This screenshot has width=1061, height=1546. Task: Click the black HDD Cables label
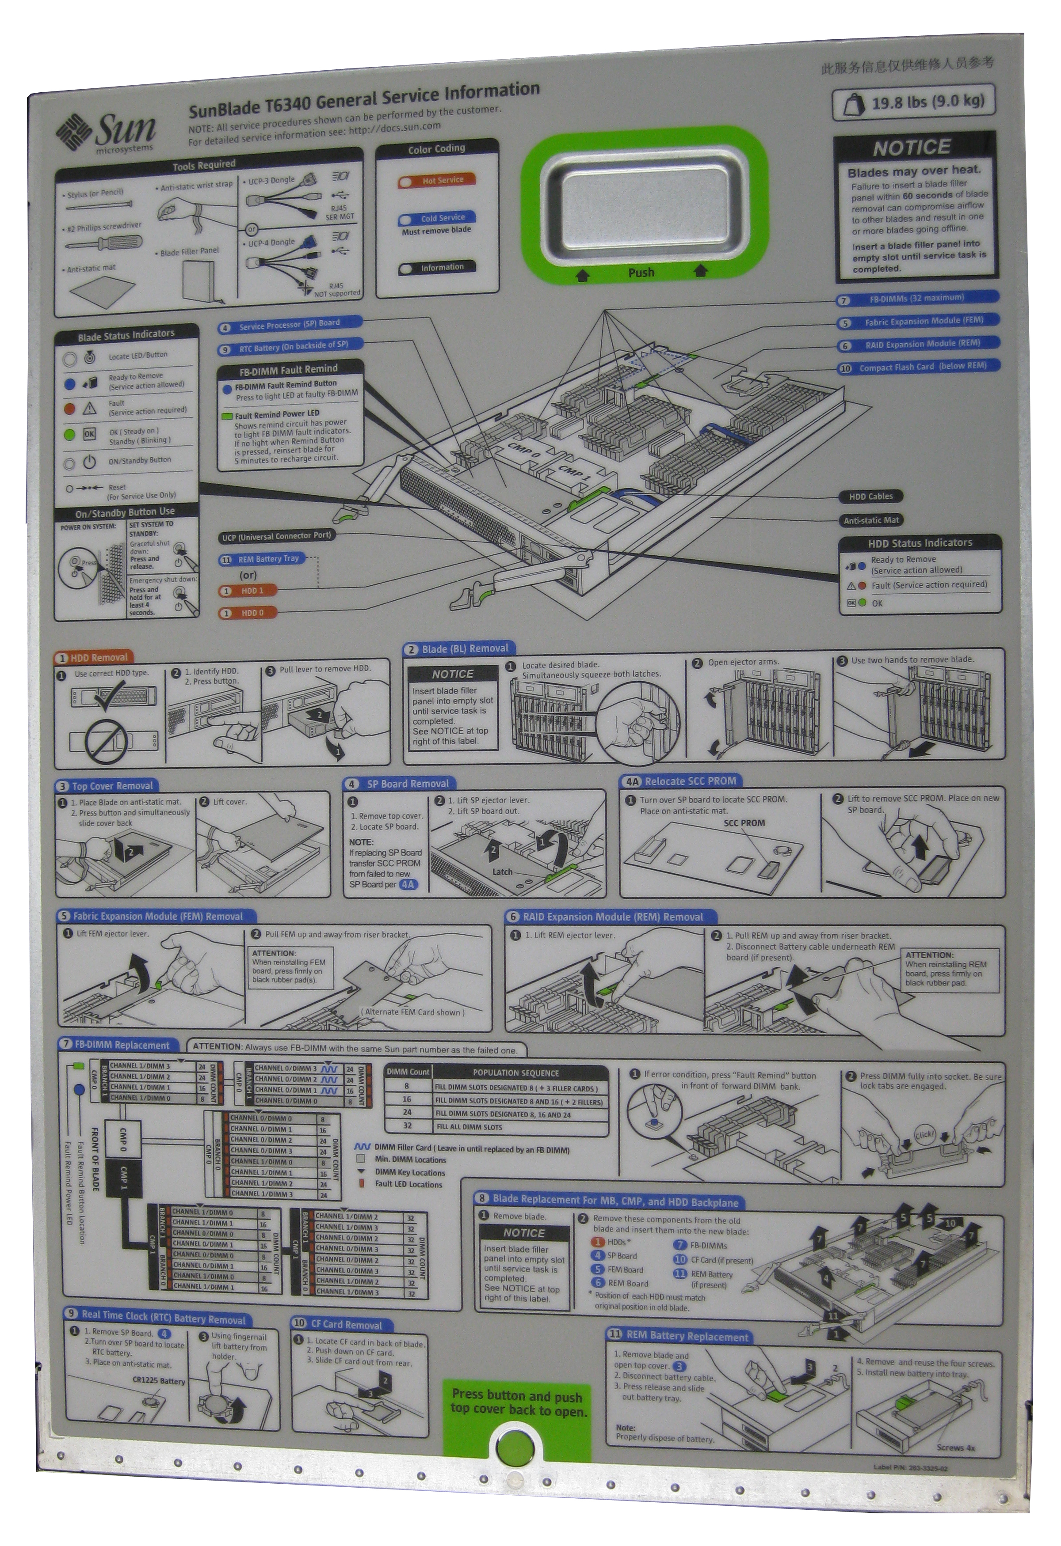click(870, 496)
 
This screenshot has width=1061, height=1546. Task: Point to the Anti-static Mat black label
click(870, 520)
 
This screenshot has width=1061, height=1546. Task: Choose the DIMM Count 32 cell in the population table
click(407, 1126)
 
